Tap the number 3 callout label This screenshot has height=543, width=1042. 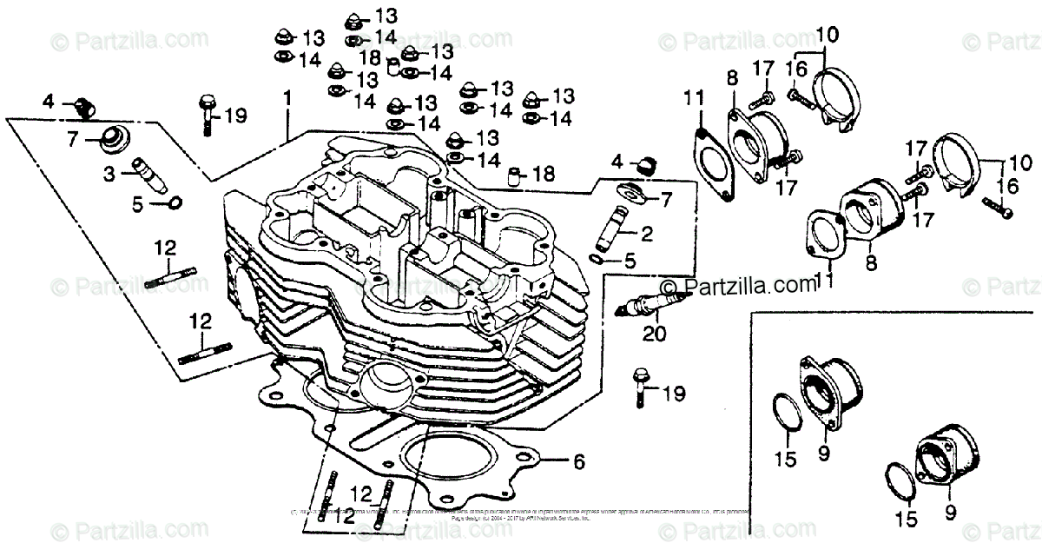(x=109, y=175)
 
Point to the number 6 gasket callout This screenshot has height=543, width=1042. (x=578, y=462)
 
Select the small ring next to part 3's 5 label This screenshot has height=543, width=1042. (x=175, y=204)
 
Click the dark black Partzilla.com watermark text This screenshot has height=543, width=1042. (x=742, y=285)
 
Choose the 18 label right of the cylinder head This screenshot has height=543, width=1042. (x=544, y=175)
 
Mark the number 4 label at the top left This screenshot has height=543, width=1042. (x=49, y=102)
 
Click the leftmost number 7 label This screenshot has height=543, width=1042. (x=72, y=137)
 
